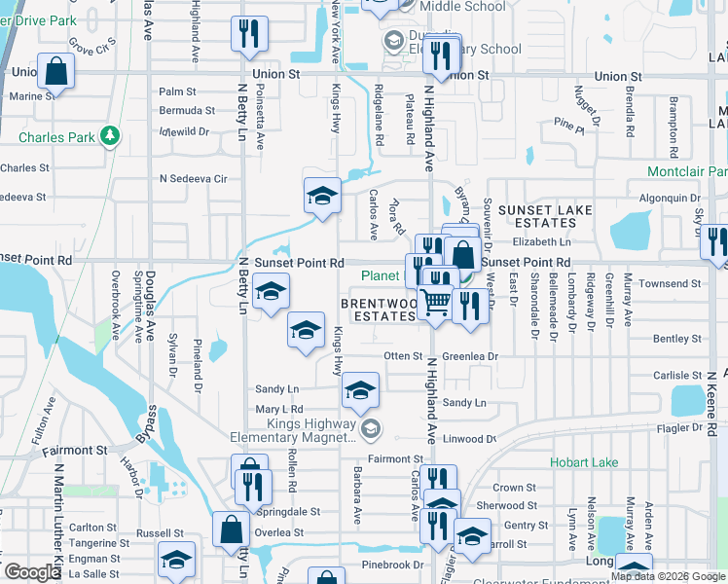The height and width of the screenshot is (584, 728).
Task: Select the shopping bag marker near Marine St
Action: pyautogui.click(x=56, y=72)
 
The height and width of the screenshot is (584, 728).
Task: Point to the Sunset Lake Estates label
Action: pyautogui.click(x=551, y=216)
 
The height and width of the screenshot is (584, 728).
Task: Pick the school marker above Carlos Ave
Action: pyautogui.click(x=322, y=196)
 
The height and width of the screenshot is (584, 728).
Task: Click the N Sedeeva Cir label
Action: pyautogui.click(x=193, y=179)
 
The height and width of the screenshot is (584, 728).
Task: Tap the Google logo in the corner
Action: pyautogui.click(x=31, y=571)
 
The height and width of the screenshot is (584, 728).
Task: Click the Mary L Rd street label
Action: pyautogui.click(x=279, y=410)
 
